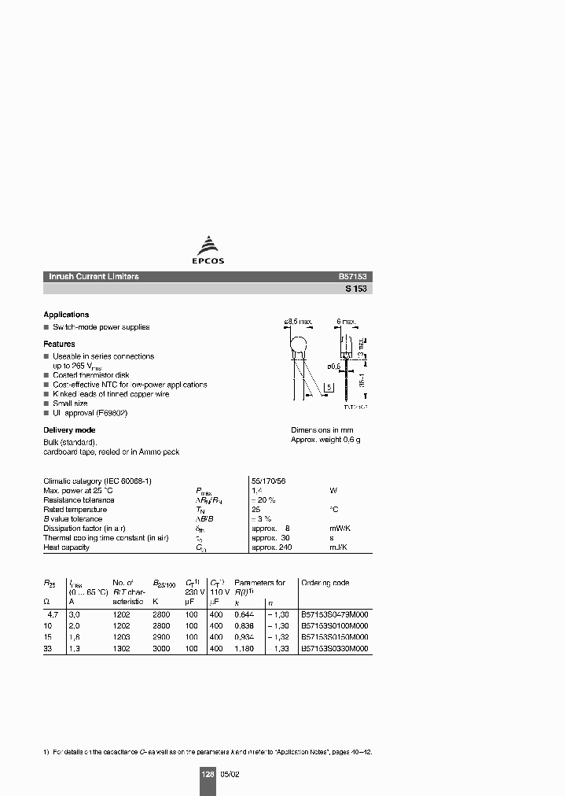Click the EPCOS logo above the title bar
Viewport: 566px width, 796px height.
pyautogui.click(x=209, y=250)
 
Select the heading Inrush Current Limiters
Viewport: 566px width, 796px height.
pyautogui.click(x=94, y=277)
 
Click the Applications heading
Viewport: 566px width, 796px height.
pyautogui.click(x=66, y=315)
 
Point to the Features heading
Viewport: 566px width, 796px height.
pyautogui.click(x=59, y=344)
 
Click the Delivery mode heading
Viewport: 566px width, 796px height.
pyautogui.click(x=69, y=430)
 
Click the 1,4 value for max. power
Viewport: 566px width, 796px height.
pyautogui.click(x=255, y=490)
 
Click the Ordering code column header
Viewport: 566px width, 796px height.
pyautogui.click(x=325, y=583)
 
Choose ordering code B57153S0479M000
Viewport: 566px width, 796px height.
pyautogui.click(x=335, y=614)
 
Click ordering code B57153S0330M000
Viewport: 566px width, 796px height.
pyautogui.click(x=335, y=649)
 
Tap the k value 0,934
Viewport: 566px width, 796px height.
pyautogui.click(x=246, y=637)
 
